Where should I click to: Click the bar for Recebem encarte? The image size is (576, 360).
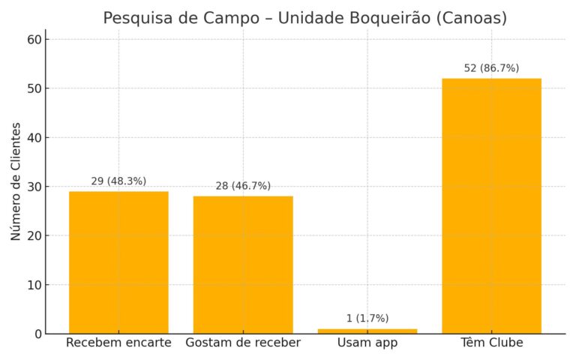pos(118,262)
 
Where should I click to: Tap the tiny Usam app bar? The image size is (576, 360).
pos(367,331)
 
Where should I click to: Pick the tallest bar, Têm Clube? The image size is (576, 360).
pos(491,205)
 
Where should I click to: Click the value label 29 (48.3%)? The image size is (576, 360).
pos(118,181)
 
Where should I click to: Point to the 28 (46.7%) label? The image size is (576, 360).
pos(243,186)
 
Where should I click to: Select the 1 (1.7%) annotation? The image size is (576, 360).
pos(367,319)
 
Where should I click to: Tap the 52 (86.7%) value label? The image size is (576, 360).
pos(491,68)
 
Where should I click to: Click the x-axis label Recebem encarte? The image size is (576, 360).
pos(118,343)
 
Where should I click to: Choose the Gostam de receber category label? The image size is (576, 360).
pos(243,343)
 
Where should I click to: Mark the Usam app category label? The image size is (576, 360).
pos(367,343)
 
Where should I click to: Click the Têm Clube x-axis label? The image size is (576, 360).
pos(491,343)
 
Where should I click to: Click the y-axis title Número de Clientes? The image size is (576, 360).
pos(16,181)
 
